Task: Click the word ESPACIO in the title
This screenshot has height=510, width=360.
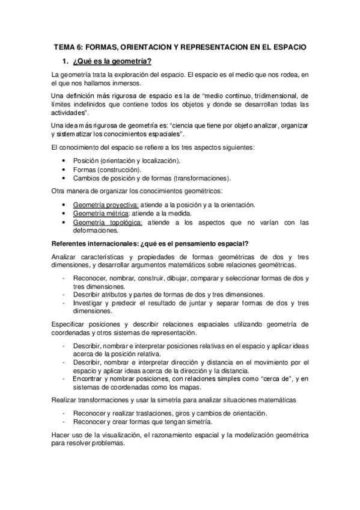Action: click(284, 46)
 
